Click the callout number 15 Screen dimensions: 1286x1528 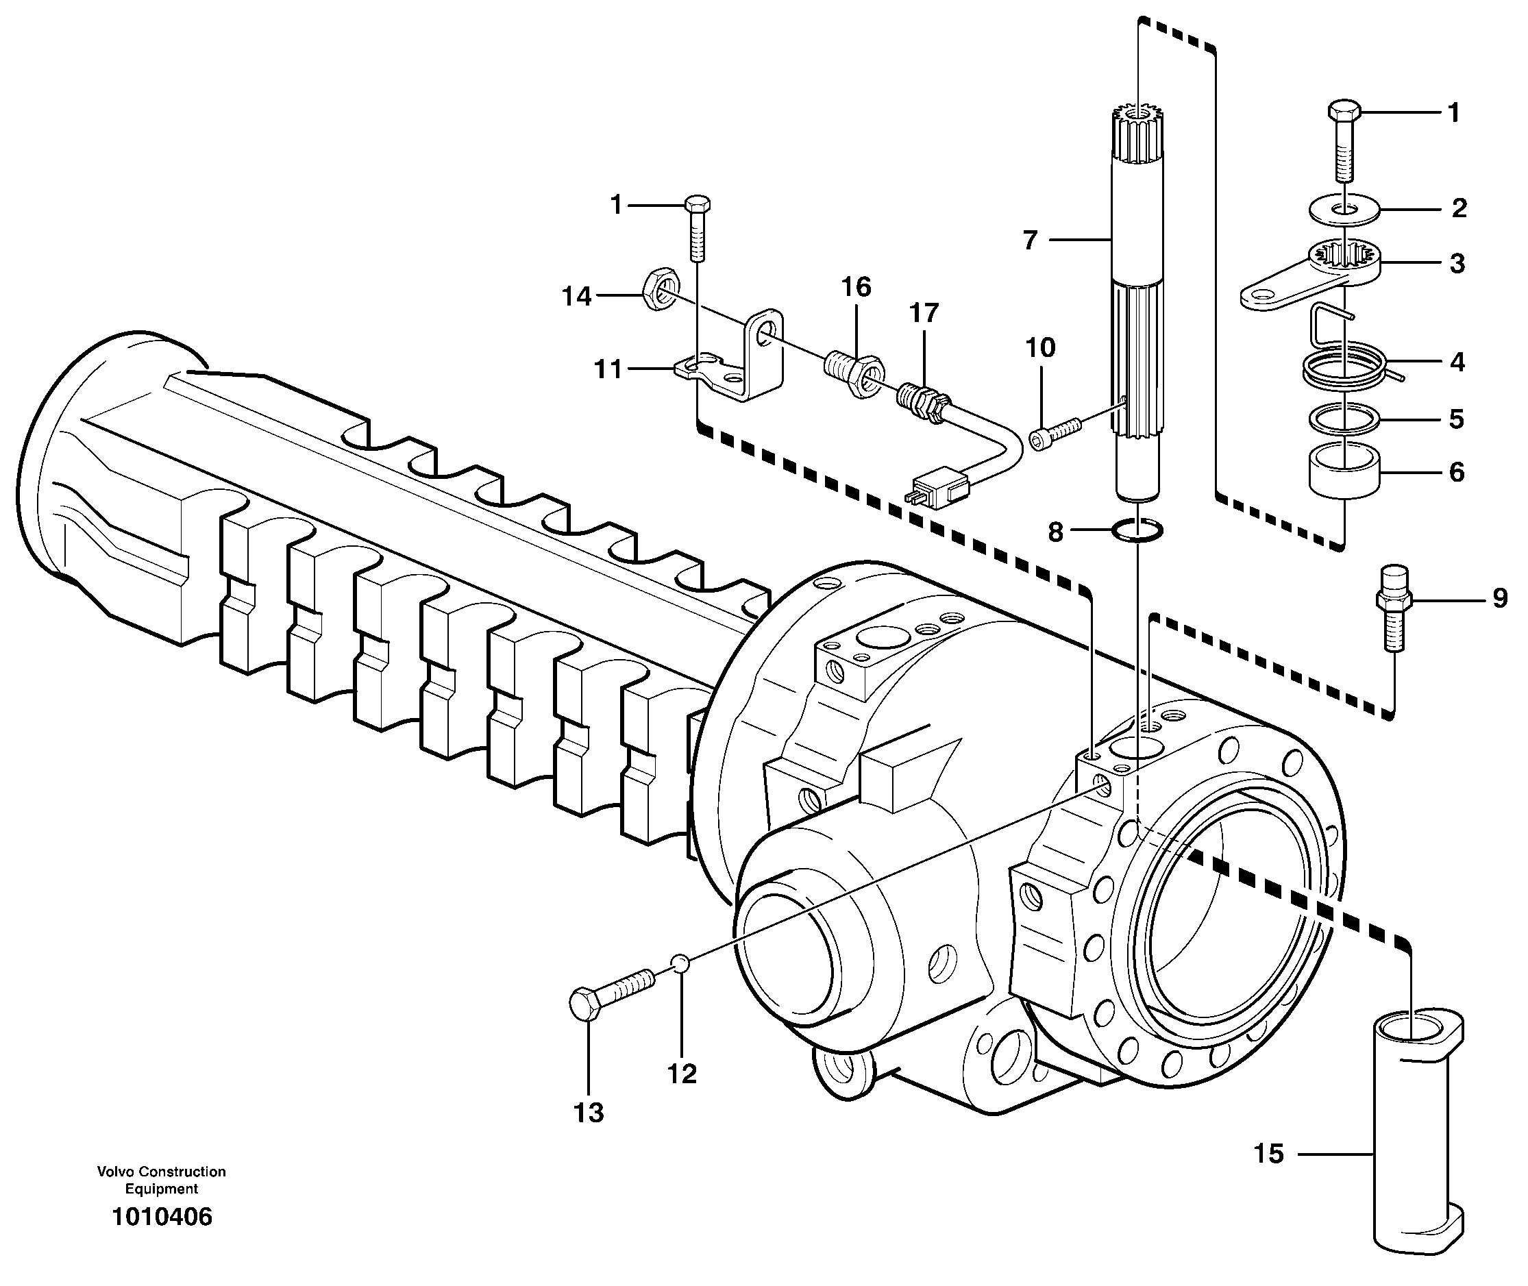(1268, 1153)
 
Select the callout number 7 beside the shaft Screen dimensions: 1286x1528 (1030, 240)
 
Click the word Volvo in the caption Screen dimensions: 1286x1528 (116, 1172)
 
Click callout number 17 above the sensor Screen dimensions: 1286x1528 (924, 314)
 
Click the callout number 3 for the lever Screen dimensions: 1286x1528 (1457, 263)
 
